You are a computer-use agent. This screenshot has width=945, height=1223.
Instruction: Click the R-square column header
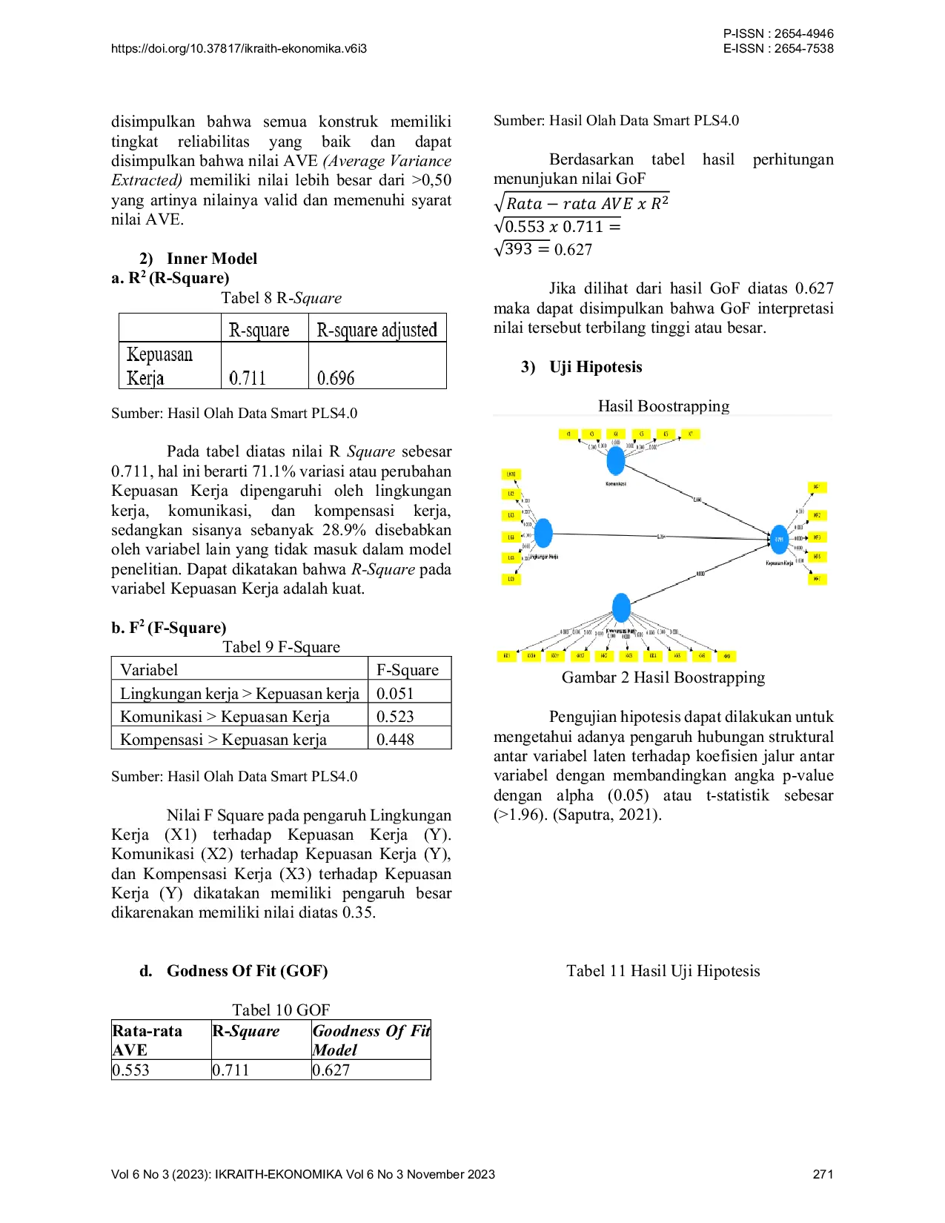(259, 330)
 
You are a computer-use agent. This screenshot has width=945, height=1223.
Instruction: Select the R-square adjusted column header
(377, 330)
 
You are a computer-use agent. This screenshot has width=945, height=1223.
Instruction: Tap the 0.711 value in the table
(248, 378)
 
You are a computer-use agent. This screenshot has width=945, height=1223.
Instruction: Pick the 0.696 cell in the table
(336, 378)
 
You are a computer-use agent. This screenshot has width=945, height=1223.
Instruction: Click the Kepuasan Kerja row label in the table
(159, 365)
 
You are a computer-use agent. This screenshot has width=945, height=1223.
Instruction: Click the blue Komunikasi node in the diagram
(615, 460)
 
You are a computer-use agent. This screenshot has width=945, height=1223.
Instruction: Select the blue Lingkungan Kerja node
(543, 533)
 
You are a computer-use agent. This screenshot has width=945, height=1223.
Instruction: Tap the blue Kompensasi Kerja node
(621, 609)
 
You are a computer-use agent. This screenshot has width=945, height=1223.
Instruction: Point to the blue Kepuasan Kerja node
(778, 540)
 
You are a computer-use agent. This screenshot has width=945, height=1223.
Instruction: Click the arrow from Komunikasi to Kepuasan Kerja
(697, 500)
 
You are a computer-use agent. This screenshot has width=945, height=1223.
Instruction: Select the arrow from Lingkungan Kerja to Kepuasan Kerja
(660, 536)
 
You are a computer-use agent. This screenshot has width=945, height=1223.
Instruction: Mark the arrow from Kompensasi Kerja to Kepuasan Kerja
(700, 574)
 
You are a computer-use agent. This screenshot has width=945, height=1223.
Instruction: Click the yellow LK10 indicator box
(511, 474)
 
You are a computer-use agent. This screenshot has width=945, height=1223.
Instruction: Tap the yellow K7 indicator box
(690, 434)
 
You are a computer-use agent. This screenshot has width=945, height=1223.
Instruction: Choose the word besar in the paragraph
(434, 892)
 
